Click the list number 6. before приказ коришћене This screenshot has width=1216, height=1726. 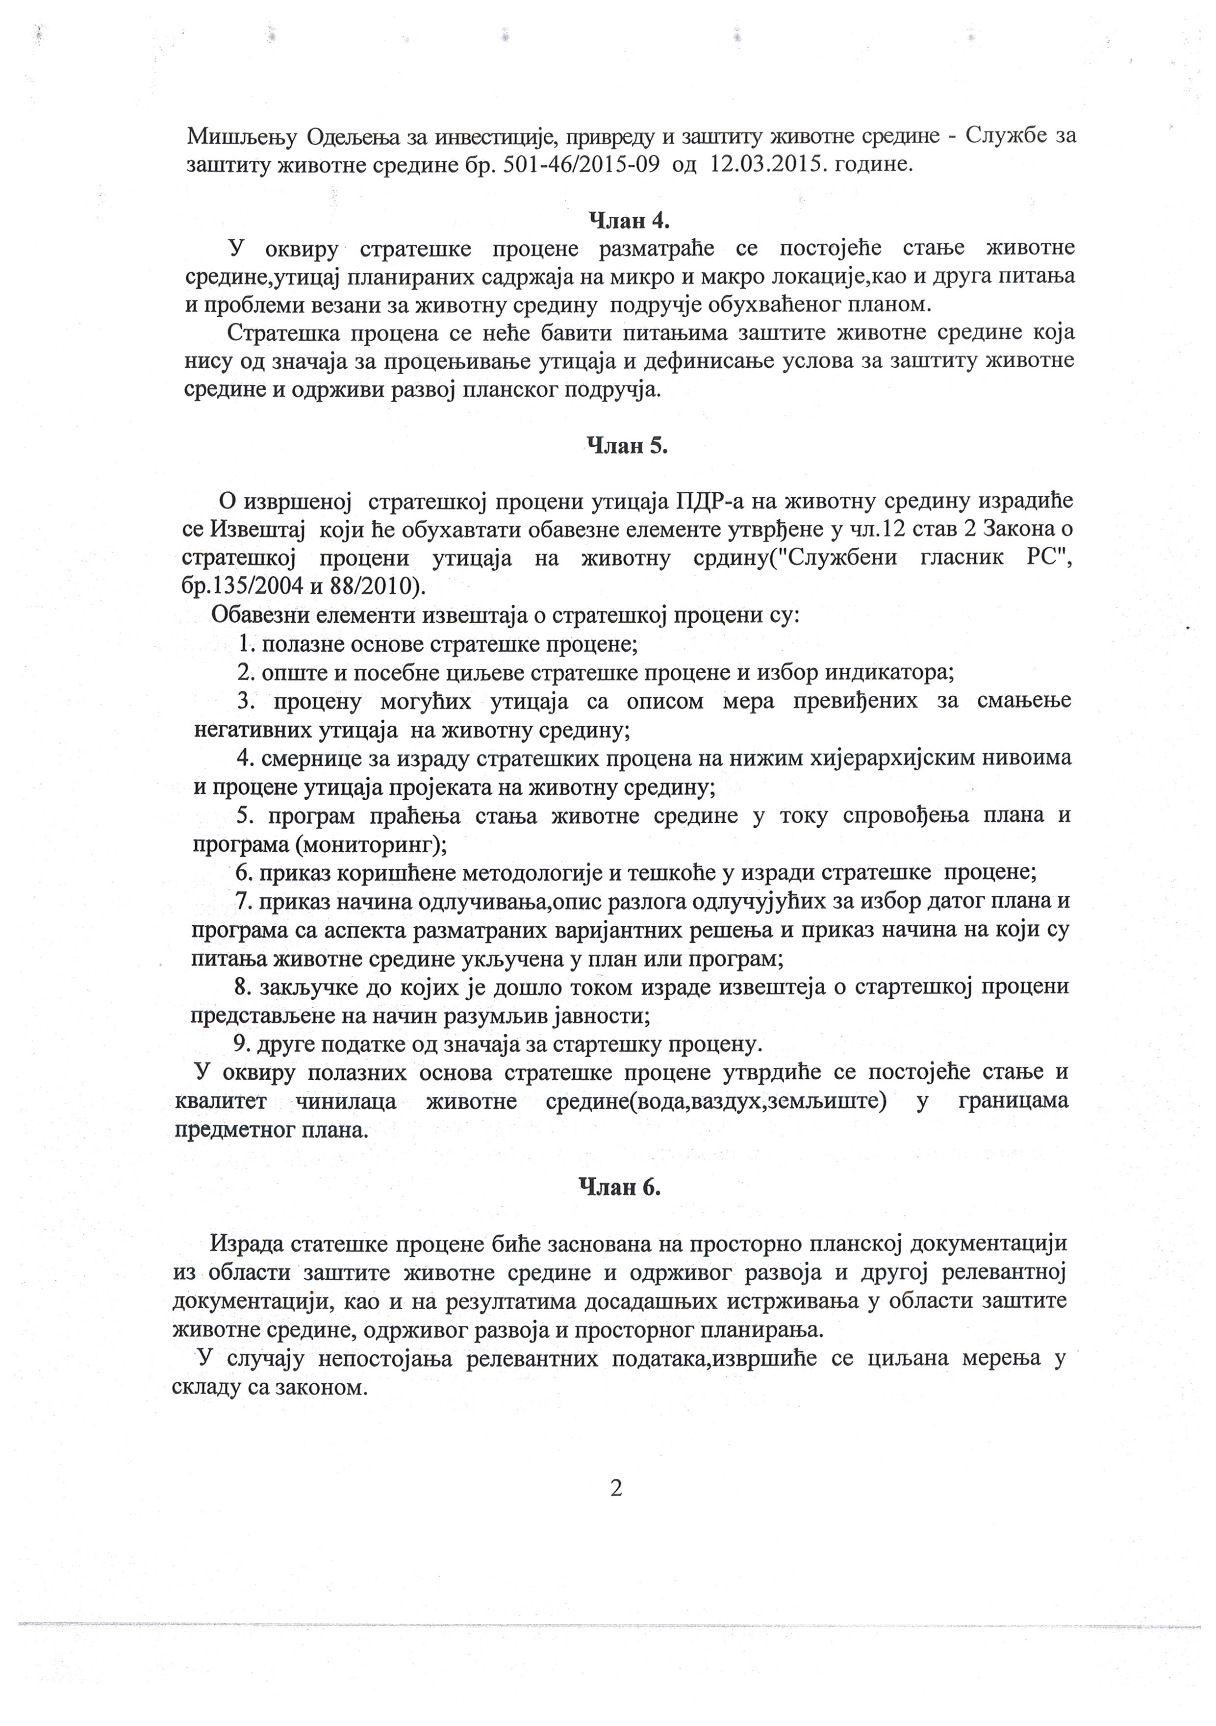point(245,873)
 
